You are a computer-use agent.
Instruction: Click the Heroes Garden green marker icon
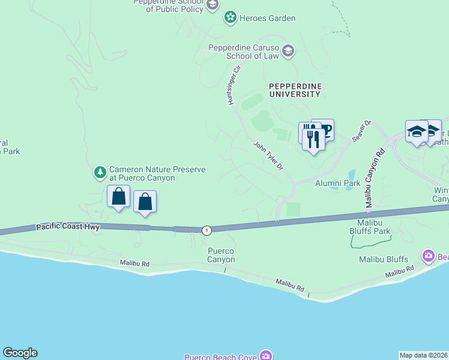click(230, 18)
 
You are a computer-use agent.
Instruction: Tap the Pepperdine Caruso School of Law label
click(244, 52)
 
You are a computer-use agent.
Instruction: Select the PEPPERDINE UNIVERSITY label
click(294, 90)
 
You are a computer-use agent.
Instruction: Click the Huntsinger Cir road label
click(234, 85)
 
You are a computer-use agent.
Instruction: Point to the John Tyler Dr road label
click(268, 156)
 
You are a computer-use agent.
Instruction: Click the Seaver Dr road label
click(362, 131)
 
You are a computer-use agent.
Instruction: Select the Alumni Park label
click(337, 183)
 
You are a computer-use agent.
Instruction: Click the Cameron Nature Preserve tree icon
click(100, 173)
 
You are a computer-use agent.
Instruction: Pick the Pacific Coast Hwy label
click(68, 227)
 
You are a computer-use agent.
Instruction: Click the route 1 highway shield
click(206, 230)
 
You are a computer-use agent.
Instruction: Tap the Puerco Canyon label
click(221, 255)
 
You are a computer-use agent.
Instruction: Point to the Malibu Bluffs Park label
click(370, 230)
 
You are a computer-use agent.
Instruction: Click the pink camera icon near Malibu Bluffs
click(428, 256)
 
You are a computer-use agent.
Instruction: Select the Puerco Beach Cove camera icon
click(265, 356)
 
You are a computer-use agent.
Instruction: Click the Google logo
click(20, 353)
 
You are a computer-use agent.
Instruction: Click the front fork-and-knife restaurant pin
click(313, 140)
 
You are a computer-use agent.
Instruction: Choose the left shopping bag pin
click(119, 196)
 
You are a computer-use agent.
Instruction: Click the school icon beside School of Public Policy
click(211, 5)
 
